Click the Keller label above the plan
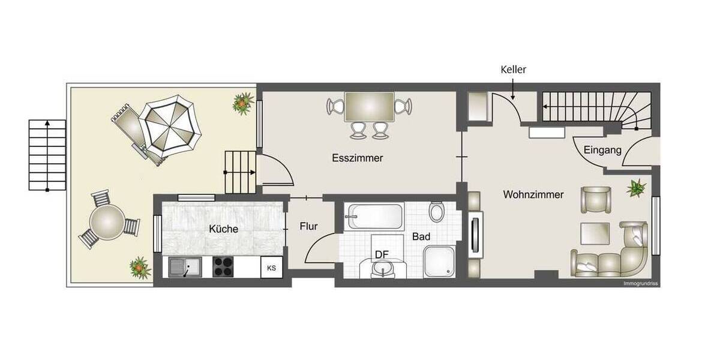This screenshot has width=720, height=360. pos(513,70)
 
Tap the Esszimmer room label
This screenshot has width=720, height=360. pos(358,158)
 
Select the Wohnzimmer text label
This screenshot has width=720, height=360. pos(533,194)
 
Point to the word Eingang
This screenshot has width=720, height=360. pos(602,151)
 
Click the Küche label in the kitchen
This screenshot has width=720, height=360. pos(223,229)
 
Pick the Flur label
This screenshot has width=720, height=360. pos(308,227)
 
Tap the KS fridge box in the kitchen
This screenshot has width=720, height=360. pos(271,268)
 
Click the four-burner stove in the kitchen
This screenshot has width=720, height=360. pos(223,266)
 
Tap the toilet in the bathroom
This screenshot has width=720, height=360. pos(437,212)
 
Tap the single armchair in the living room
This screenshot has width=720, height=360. pos(595,199)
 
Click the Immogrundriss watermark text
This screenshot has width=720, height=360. pos(640,283)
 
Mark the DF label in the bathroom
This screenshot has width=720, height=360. pos(382,254)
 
